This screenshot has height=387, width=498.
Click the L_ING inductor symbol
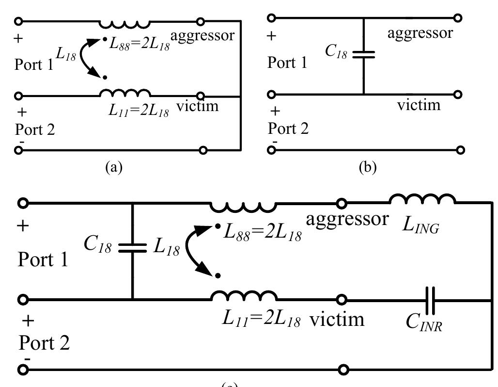[422, 200]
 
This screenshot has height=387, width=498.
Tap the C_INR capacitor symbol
[431, 300]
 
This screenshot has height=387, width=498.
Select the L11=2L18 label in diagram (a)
[139, 112]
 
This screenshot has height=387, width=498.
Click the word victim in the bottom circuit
[337, 319]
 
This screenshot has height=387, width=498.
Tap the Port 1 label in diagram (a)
[34, 64]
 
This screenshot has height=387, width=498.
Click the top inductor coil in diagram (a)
[124, 24]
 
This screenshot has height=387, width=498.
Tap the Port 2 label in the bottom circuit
[44, 343]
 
